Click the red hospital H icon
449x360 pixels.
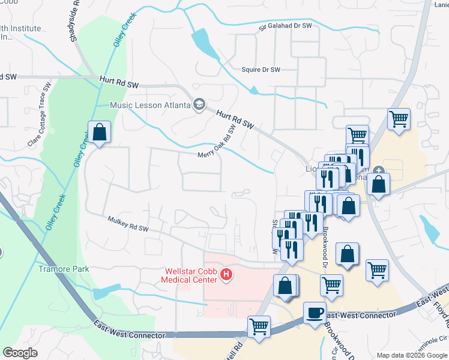pyautogui.click(x=226, y=275)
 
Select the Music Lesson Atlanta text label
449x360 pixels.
pyautogui.click(x=149, y=105)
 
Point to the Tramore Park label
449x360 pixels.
pyautogui.click(x=64, y=269)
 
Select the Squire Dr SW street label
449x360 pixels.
pyautogui.click(x=261, y=70)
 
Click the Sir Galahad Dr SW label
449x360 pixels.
pyautogui.click(x=286, y=26)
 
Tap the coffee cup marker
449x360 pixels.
pyautogui.click(x=315, y=313)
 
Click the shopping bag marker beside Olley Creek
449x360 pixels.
pyautogui.click(x=100, y=132)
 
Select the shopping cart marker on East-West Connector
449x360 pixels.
pyautogui.click(x=259, y=327)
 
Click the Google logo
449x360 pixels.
pyautogui.click(x=20, y=353)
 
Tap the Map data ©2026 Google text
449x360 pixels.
pyautogui.click(x=411, y=355)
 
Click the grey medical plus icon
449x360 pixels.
pyautogui.click(x=379, y=170)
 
